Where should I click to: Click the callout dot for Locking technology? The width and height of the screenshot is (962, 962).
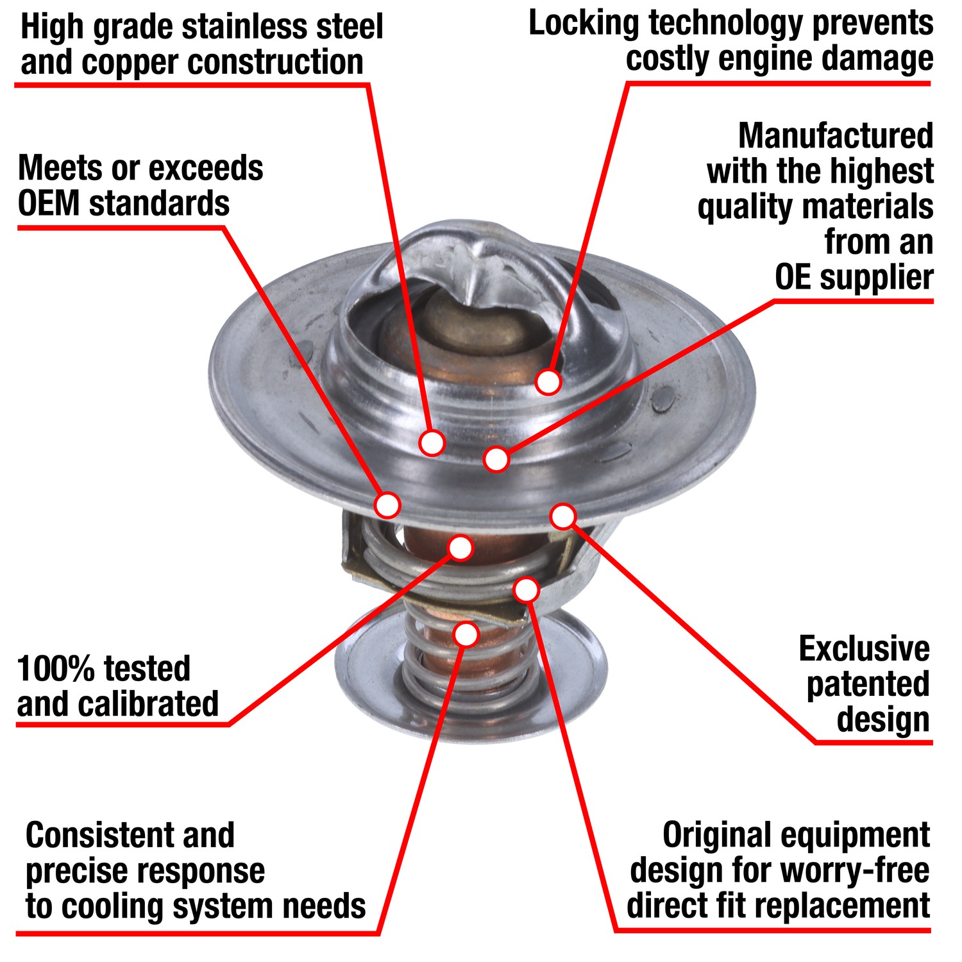(x=548, y=382)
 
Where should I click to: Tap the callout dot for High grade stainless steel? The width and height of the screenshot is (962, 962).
(x=432, y=443)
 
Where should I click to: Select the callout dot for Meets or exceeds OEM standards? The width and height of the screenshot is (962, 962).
(x=387, y=505)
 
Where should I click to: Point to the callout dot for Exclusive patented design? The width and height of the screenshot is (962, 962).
(x=563, y=516)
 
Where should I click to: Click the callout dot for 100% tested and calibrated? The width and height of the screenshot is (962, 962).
(x=460, y=547)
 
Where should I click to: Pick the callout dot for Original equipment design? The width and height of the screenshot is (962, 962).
(x=526, y=590)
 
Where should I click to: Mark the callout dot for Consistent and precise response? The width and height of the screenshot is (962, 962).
(x=466, y=634)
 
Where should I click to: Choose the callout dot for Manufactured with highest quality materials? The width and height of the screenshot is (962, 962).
(x=496, y=459)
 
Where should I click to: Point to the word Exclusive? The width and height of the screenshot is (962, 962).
(x=864, y=649)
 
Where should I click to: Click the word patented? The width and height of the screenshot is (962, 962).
(x=868, y=684)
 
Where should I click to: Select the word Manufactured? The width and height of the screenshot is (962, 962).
(x=835, y=136)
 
